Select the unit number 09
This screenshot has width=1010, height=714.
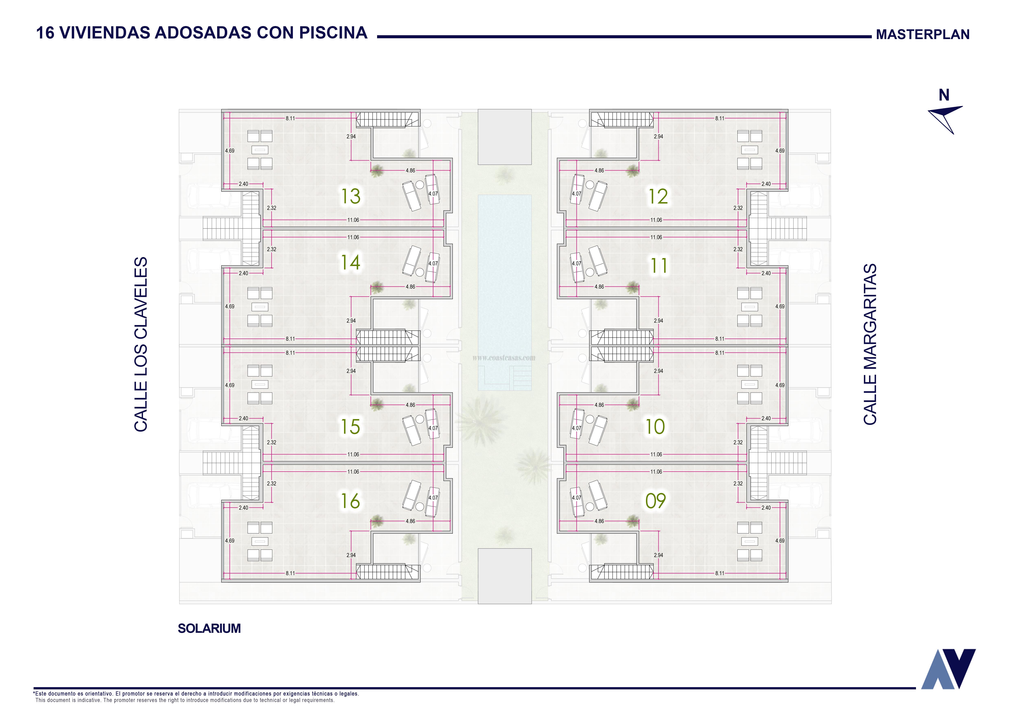click(655, 501)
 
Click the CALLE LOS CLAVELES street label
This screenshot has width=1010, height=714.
click(141, 344)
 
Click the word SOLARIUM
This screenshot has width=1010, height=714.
click(209, 628)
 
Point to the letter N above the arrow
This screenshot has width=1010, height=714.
click(944, 95)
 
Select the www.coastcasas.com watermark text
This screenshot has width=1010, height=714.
click(504, 358)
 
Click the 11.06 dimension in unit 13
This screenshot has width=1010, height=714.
click(353, 220)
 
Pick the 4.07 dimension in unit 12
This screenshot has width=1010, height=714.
click(576, 194)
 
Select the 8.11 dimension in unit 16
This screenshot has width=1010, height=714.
click(290, 573)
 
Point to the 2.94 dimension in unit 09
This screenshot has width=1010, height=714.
click(659, 555)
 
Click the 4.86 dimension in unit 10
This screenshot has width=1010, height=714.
click(599, 405)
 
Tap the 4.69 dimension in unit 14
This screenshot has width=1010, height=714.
click(230, 306)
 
